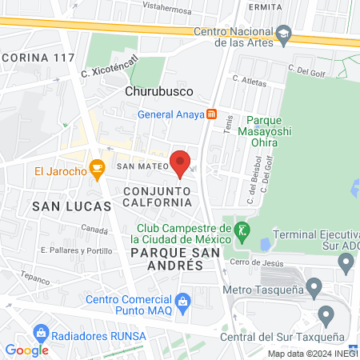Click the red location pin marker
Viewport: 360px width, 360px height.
click(x=180, y=163)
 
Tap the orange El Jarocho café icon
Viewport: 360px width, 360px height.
click(x=98, y=169)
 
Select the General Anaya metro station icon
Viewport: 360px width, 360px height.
click(x=211, y=114)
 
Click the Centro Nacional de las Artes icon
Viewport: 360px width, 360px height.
click(x=284, y=35)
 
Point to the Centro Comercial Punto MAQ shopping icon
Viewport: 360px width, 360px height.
click(x=183, y=301)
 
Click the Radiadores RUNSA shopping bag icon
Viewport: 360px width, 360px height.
click(x=40, y=332)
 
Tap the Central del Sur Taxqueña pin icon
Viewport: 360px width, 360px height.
click(x=326, y=313)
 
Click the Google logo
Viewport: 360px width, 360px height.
click(x=26, y=350)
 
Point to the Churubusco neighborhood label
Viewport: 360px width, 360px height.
click(x=155, y=91)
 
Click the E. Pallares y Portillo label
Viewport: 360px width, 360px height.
click(x=76, y=250)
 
